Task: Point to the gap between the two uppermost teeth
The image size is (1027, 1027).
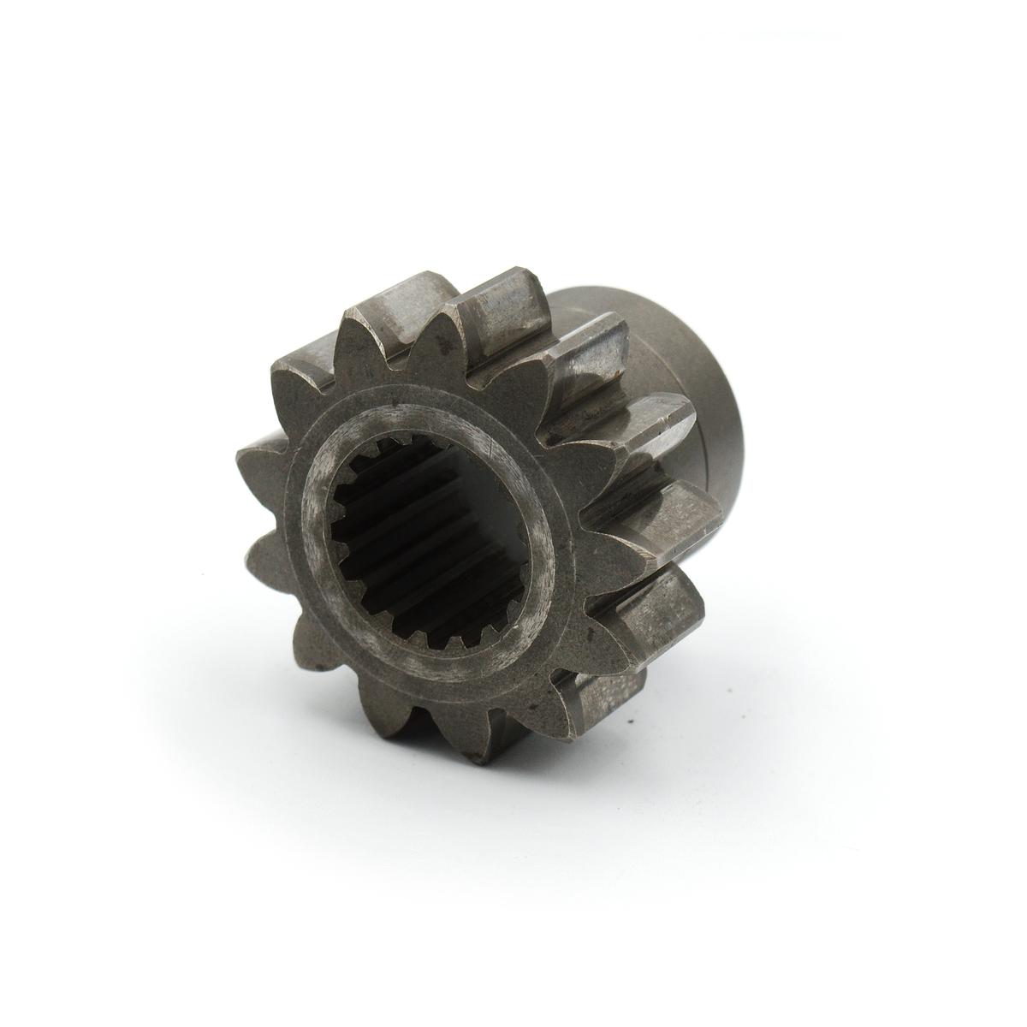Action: pos(428,329)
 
